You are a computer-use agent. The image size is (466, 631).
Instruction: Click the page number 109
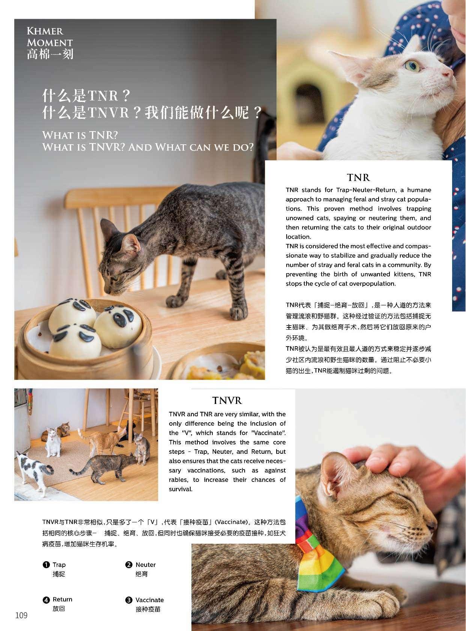click(x=21, y=615)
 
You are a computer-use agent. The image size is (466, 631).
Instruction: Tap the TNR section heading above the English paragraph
click(x=358, y=178)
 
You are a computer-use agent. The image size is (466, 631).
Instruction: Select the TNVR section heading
click(x=227, y=400)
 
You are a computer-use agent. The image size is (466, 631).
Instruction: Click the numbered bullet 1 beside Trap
click(x=46, y=565)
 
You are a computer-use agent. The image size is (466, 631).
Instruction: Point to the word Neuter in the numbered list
click(x=146, y=565)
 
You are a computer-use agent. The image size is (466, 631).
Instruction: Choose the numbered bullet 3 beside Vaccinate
click(x=129, y=600)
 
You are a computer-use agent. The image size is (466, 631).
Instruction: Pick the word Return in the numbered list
click(x=62, y=599)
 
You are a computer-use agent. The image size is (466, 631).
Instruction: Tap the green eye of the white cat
click(x=412, y=65)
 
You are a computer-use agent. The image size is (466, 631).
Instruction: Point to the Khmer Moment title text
click(x=50, y=37)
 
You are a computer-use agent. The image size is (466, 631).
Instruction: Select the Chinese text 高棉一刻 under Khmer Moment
click(x=50, y=54)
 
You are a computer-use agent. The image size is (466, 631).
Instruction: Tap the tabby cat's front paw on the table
click(x=175, y=301)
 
